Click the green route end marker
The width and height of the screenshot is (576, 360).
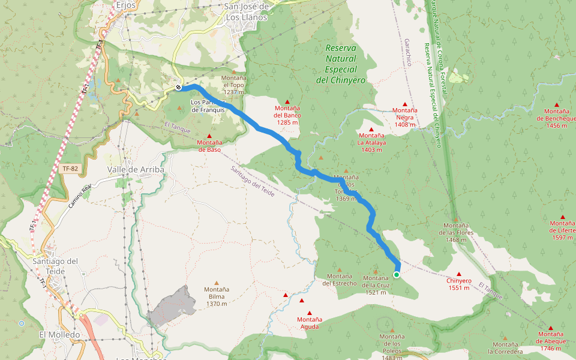[x=397, y=275]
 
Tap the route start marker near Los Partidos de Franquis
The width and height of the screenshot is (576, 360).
[x=179, y=88]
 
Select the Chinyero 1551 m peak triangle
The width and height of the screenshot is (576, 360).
[x=459, y=274]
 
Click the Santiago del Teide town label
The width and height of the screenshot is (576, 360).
[x=56, y=266]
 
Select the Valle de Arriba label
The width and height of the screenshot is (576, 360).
[x=136, y=170]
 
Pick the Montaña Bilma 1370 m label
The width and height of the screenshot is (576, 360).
[x=217, y=296]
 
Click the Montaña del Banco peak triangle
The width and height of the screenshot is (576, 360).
[x=287, y=102]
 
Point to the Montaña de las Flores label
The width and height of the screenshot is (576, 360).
[x=456, y=233]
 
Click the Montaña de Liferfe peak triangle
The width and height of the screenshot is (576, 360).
[x=563, y=217]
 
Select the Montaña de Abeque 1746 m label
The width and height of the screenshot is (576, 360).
[x=551, y=341]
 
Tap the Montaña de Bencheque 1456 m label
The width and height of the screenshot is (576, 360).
[x=556, y=118]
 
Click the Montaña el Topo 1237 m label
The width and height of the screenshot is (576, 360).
[x=233, y=85]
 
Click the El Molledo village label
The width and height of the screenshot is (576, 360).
[x=59, y=334]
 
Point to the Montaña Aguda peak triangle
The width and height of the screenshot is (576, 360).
[x=310, y=313]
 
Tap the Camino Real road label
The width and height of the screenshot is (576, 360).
[x=79, y=196]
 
